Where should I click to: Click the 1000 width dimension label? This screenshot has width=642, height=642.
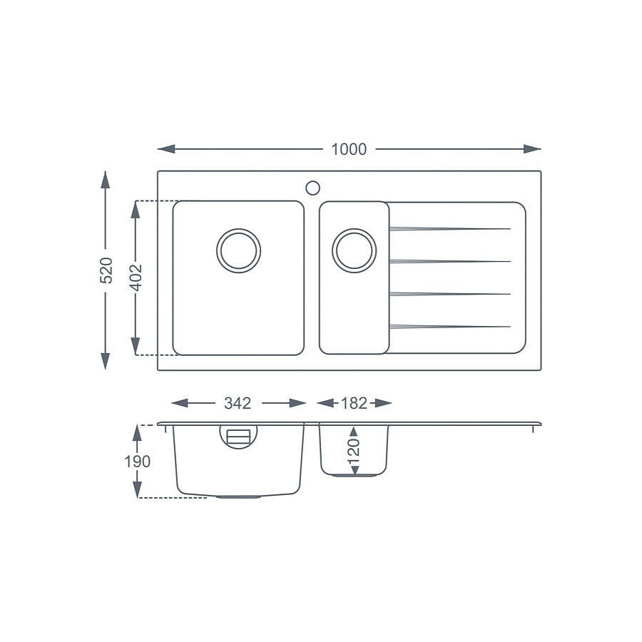pyautogui.click(x=349, y=149)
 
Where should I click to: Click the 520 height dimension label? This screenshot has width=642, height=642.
pyautogui.click(x=106, y=270)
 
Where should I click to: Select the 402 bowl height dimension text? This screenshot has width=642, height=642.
pyautogui.click(x=136, y=278)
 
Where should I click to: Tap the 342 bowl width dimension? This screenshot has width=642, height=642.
pyautogui.click(x=238, y=403)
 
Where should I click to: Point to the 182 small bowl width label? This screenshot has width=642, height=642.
pyautogui.click(x=354, y=403)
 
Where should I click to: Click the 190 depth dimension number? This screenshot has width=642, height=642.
pyautogui.click(x=137, y=462)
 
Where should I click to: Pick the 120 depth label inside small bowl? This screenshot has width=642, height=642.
pyautogui.click(x=355, y=451)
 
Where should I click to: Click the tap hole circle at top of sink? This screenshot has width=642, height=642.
pyautogui.click(x=312, y=188)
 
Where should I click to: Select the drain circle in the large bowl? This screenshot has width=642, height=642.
pyautogui.click(x=238, y=251)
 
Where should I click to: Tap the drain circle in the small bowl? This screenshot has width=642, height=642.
pyautogui.click(x=355, y=251)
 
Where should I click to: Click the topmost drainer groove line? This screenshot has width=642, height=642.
pyautogui.click(x=449, y=228)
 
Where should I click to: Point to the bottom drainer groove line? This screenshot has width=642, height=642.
pyautogui.click(x=449, y=327)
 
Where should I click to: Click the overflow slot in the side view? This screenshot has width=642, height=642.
pyautogui.click(x=238, y=436)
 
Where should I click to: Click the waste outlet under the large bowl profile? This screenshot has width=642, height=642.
pyautogui.click(x=238, y=496)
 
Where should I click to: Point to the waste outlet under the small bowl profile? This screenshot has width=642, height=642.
pyautogui.click(x=355, y=474)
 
